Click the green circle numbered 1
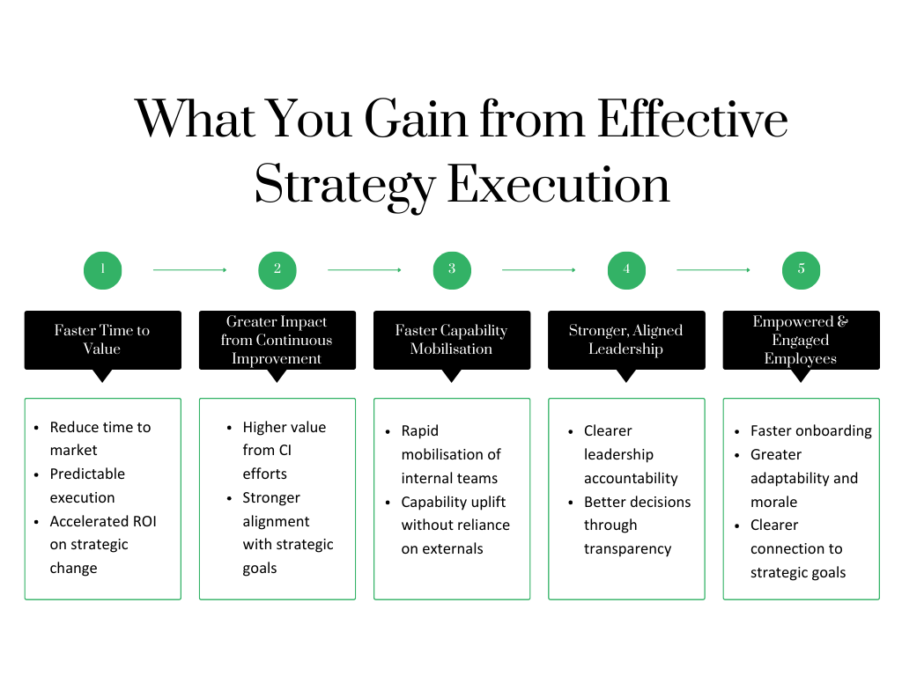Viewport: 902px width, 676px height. pos(102,269)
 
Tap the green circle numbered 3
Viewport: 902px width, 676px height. pos(452,269)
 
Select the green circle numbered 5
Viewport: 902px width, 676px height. pos(801,269)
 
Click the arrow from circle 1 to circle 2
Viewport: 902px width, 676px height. pos(189,269)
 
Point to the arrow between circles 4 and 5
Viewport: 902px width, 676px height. pos(713,269)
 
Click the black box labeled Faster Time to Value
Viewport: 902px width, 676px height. pos(102,340)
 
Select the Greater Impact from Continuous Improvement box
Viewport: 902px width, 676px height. pos(277,340)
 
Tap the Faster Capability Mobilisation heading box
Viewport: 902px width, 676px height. pos(451,340)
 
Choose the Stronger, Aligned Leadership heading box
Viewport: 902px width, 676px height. pos(625,340)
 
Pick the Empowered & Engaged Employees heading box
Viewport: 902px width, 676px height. pos(801,340)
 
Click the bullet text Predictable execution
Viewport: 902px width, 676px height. pos(87,485)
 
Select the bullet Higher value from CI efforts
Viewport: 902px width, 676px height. pos(284,450)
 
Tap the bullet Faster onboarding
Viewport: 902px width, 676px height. pos(810,430)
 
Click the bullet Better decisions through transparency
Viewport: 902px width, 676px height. pos(637,525)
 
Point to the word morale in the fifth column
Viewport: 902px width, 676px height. pos(773,502)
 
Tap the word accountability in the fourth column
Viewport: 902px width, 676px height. pos(631,478)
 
